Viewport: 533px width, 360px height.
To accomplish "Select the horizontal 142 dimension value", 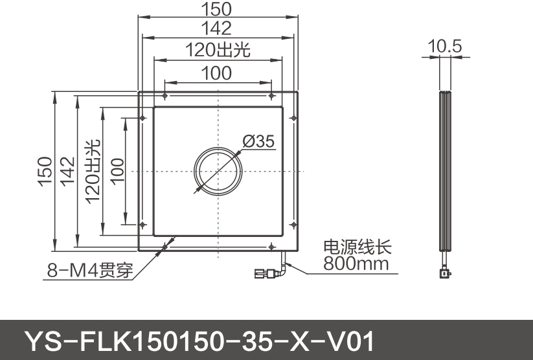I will (x=217, y=28).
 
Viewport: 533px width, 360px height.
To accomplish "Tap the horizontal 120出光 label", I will (x=217, y=50).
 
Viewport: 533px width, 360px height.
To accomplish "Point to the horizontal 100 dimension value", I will (x=217, y=73).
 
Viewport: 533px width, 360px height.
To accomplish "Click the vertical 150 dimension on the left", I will (x=45, y=172).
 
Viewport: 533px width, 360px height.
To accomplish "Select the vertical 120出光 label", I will (x=91, y=172).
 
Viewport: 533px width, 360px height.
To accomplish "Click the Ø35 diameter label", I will (x=259, y=141).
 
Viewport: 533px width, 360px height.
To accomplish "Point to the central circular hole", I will (x=219, y=172).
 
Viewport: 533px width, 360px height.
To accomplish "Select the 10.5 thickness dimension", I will (x=444, y=46).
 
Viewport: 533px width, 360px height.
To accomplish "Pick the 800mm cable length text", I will (x=356, y=264).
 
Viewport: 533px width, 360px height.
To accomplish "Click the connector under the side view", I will (x=444, y=273).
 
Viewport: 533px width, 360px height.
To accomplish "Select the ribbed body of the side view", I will (x=444, y=172).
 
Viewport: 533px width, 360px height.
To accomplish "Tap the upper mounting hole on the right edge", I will (x=294, y=118).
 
